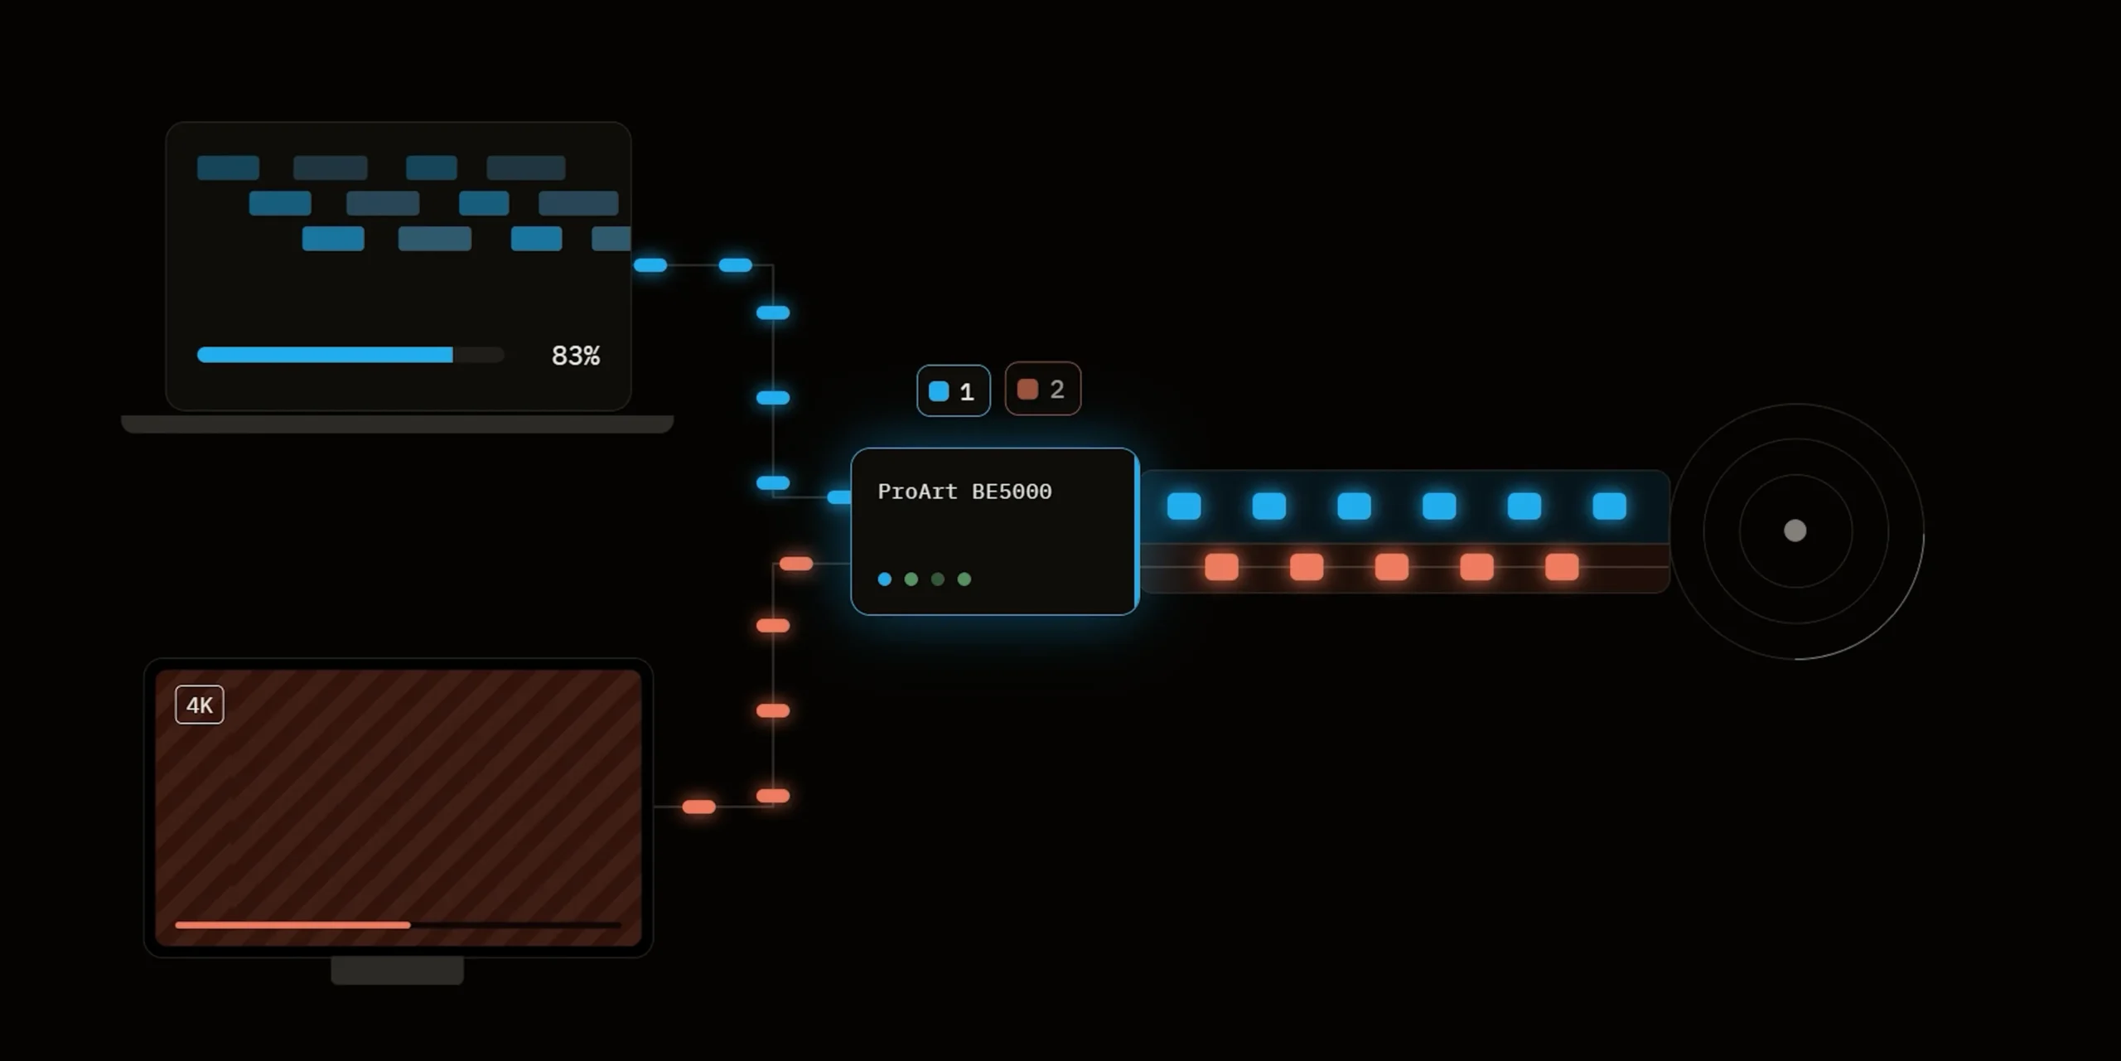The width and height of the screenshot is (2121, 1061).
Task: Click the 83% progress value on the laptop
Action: tap(576, 356)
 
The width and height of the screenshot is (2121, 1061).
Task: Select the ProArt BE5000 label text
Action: tap(964, 492)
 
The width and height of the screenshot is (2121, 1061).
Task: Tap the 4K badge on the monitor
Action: tap(200, 705)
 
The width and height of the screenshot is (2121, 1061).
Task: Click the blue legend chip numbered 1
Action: tap(954, 390)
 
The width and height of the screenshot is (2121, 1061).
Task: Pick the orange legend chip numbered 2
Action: tap(1042, 389)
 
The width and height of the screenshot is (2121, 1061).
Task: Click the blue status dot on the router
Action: tap(885, 579)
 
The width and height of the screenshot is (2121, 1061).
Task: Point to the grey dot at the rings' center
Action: tap(1795, 530)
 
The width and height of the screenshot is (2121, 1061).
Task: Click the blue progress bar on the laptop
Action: tap(325, 355)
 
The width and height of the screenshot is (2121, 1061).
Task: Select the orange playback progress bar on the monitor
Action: tap(292, 925)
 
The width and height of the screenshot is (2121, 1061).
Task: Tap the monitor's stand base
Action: tap(398, 971)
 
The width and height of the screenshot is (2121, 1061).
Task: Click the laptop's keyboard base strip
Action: tap(398, 424)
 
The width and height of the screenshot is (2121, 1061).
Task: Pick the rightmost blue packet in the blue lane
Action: tap(1610, 506)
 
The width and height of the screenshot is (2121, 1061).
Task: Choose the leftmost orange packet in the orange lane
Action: tap(1221, 567)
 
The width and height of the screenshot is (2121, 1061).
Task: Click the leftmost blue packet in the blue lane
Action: tap(1184, 506)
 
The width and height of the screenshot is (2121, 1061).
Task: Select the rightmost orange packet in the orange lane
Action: tap(1562, 567)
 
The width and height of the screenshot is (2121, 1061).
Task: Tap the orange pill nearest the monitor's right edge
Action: tap(698, 807)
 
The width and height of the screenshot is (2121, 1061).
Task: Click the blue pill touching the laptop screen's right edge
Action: tap(650, 265)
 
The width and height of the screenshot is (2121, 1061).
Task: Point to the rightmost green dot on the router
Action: tap(964, 579)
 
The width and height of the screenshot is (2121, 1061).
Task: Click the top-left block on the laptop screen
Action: tap(229, 167)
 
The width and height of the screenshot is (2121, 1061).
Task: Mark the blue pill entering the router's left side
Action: tap(839, 497)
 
